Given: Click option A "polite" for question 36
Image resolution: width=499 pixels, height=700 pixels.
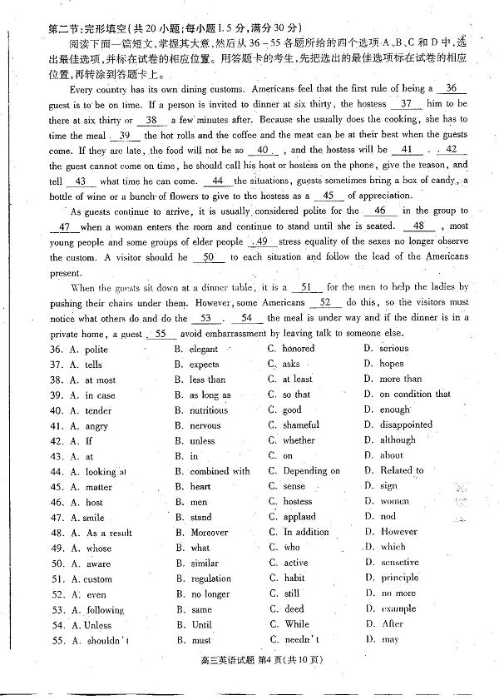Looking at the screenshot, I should (x=96, y=350).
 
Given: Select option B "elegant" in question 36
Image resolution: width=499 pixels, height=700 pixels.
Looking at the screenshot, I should (x=203, y=350).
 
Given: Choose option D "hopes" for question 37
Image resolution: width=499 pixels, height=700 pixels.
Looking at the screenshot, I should (x=391, y=364).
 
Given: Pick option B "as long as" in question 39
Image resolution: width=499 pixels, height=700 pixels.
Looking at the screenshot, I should (x=210, y=395).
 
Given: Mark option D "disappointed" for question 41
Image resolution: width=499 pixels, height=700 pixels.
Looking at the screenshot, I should (x=406, y=424).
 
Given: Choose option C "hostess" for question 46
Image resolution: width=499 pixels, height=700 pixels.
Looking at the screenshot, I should (x=298, y=502).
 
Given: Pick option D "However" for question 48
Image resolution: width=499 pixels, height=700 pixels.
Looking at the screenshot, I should (x=398, y=532).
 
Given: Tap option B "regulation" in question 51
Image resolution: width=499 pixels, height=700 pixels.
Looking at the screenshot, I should (x=210, y=578).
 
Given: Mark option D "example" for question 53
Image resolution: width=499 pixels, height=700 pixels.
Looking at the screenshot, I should (x=398, y=608).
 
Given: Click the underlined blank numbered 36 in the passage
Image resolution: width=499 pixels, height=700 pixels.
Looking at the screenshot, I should (x=451, y=88).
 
